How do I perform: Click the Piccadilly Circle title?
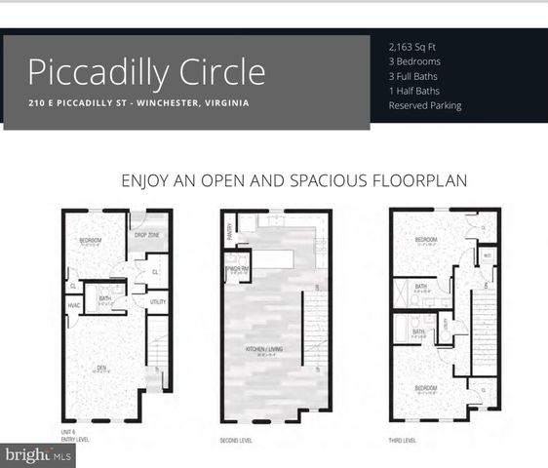coord(146,72)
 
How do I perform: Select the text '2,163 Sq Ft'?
coord(414,46)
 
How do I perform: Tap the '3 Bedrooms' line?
coord(414,60)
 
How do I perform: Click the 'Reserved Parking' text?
coord(425,105)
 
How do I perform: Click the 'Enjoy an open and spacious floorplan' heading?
coord(294,180)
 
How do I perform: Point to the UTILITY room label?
coord(157,303)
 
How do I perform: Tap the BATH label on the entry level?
coord(104,298)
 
